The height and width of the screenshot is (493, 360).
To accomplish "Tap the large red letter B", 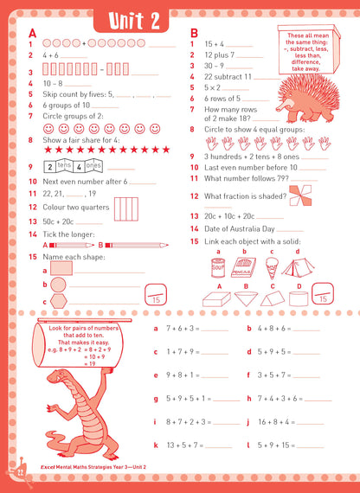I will coord(195,33).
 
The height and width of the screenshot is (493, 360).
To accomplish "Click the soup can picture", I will coord(218,266).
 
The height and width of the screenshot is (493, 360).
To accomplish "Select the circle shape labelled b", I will coord(58,285).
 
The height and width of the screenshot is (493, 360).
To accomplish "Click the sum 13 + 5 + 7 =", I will coord(176,445).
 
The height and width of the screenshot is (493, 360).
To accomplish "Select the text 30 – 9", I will coord(215,65).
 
